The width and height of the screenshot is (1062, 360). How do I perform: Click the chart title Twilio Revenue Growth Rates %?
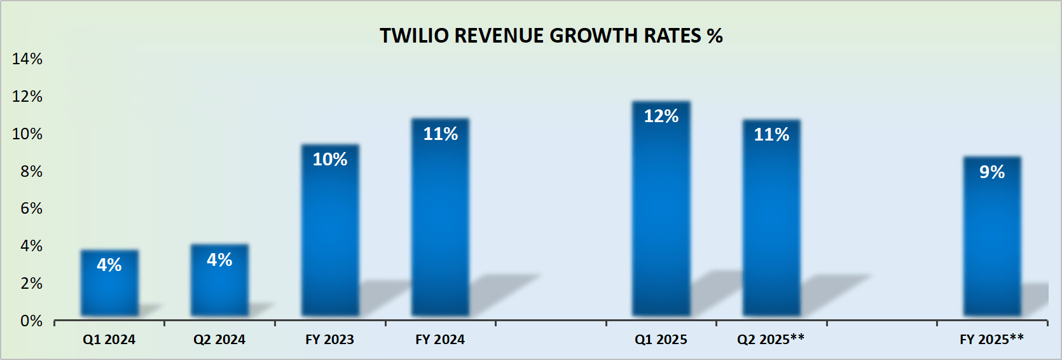(551, 36)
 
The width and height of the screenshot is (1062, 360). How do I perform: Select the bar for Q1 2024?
(109, 283)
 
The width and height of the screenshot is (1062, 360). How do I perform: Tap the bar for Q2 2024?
(219, 280)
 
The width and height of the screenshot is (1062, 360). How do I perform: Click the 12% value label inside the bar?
(661, 116)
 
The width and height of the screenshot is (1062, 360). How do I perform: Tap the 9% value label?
(992, 172)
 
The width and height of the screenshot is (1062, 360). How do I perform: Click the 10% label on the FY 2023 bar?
(330, 160)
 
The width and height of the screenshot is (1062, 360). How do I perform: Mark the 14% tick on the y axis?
(27, 59)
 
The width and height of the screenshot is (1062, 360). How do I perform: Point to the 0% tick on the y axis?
(31, 321)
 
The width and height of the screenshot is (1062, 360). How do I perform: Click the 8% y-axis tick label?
(31, 172)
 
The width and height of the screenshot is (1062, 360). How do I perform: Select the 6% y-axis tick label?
(31, 209)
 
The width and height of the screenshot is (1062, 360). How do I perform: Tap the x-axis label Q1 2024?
(109, 340)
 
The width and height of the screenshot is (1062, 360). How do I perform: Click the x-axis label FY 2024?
(440, 340)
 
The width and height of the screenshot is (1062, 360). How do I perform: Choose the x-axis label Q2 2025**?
(771, 340)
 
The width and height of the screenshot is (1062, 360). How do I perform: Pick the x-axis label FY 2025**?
(991, 340)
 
